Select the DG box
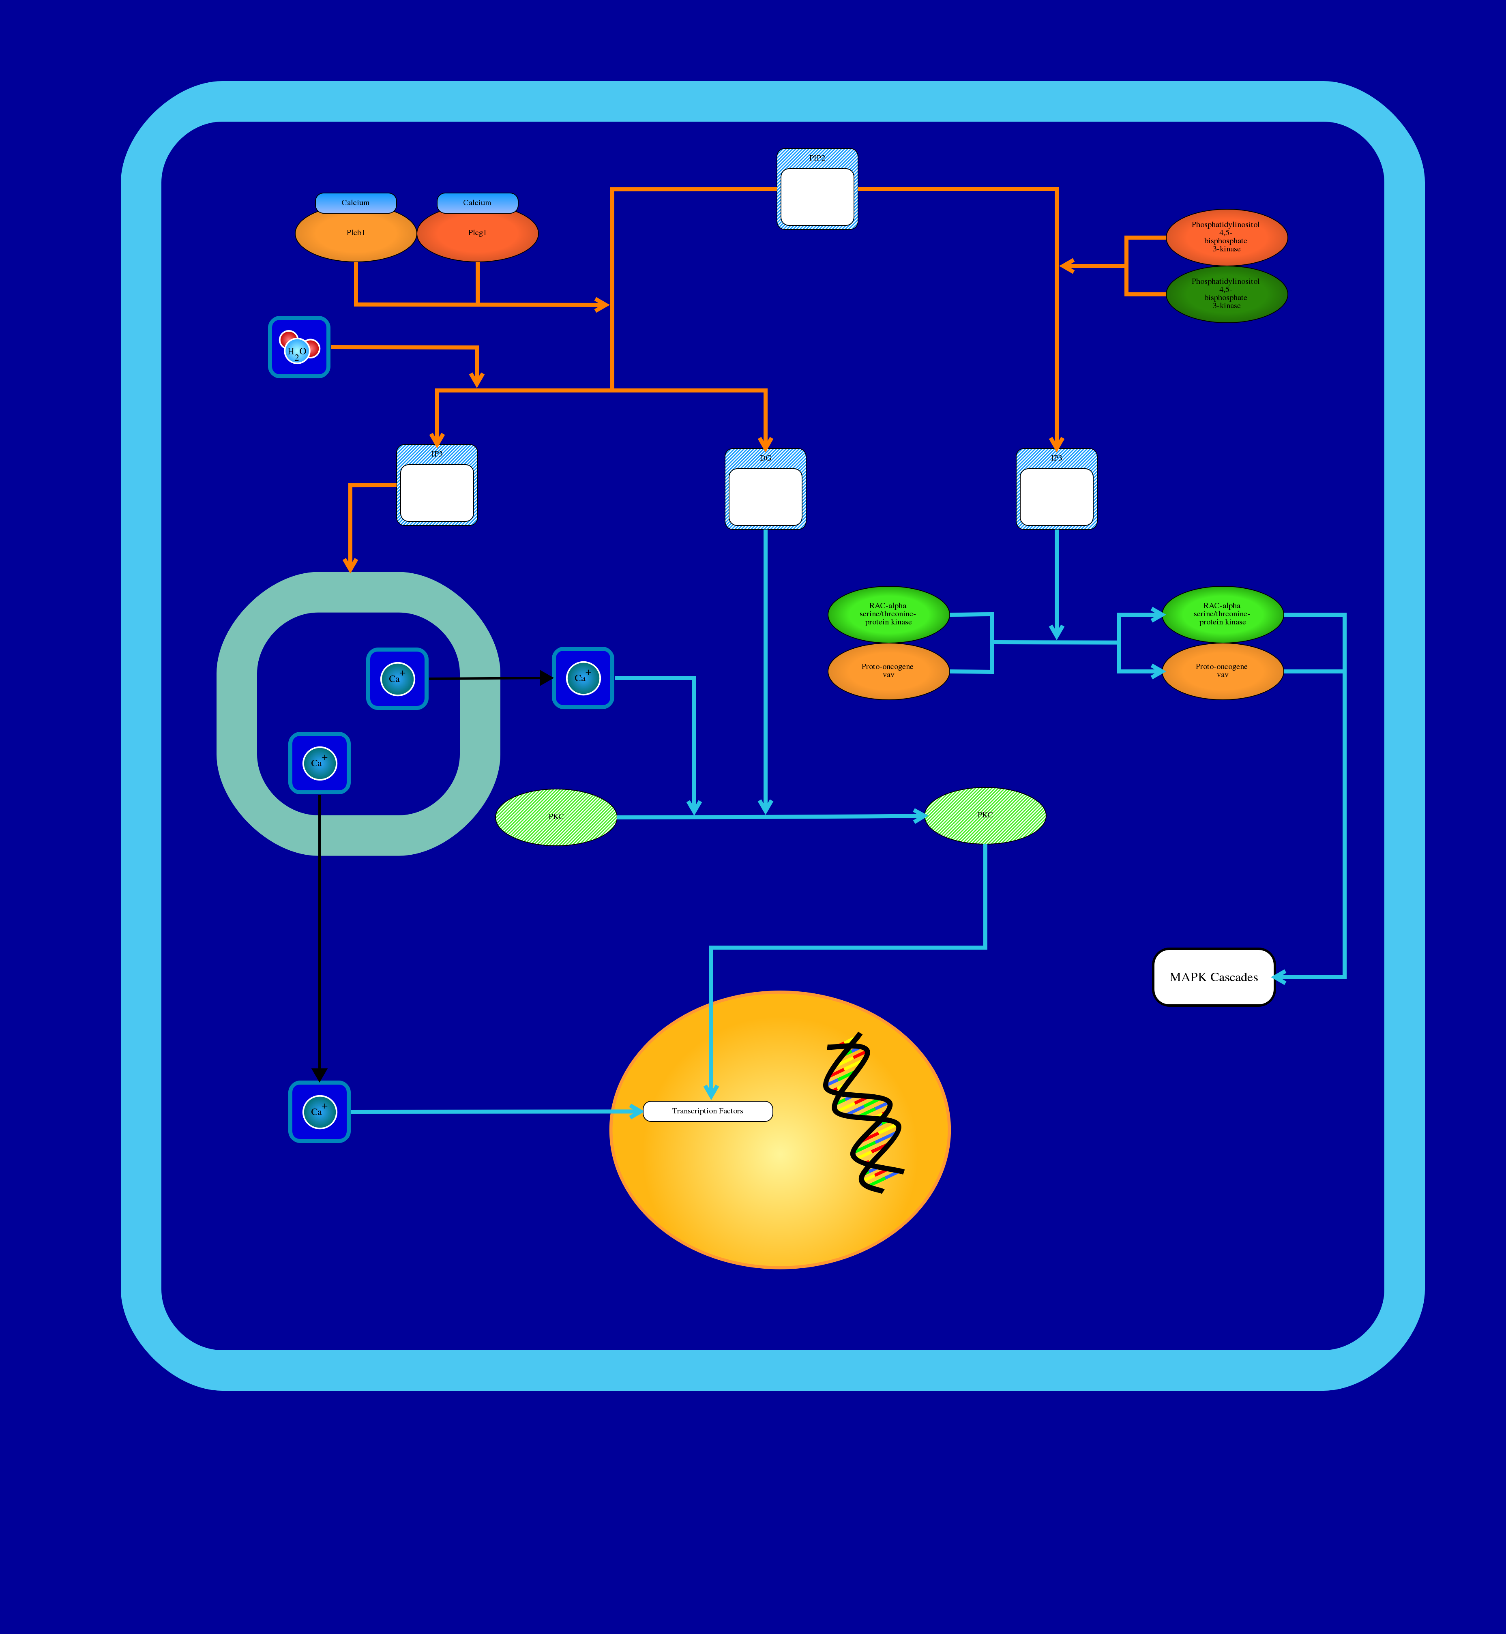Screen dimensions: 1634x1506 pos(765,490)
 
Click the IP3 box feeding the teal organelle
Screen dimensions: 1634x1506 pos(437,486)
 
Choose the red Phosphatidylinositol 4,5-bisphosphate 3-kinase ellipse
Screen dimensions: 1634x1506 pos(1227,237)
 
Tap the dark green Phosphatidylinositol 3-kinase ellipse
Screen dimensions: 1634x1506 pos(1227,294)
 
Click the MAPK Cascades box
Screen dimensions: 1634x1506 pos(1214,977)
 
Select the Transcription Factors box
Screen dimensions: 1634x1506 pos(707,1111)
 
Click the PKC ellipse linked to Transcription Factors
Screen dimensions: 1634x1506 pos(985,815)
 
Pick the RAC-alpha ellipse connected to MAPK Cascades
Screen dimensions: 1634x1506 pos(1223,615)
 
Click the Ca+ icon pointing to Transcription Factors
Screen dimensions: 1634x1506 pos(320,1112)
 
